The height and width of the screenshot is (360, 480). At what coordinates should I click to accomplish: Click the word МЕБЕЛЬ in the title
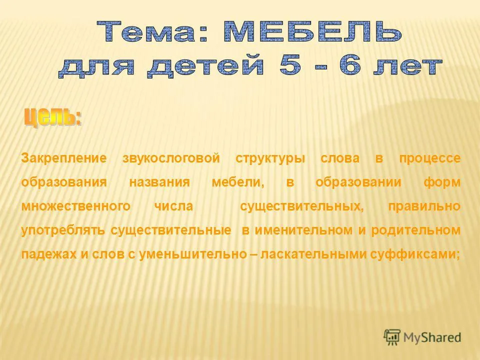(x=312, y=31)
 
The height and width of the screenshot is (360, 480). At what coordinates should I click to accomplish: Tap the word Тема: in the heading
(x=153, y=31)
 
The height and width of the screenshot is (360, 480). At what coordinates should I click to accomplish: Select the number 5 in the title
(x=290, y=65)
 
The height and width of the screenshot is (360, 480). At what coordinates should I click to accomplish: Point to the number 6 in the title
(x=350, y=65)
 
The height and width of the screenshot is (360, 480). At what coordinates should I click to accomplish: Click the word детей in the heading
(x=205, y=66)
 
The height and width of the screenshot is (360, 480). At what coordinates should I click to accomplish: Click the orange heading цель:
(x=53, y=117)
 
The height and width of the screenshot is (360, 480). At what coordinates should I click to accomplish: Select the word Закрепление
(x=64, y=158)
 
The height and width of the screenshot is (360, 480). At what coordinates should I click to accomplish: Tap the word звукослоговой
(x=171, y=158)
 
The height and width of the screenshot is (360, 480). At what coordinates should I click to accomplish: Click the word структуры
(x=270, y=159)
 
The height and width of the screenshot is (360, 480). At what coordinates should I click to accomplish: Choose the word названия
(x=159, y=182)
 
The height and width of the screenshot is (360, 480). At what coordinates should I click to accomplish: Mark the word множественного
(x=76, y=205)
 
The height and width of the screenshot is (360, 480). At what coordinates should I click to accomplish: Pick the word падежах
(x=48, y=254)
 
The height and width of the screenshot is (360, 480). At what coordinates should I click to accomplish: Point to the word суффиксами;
(x=415, y=254)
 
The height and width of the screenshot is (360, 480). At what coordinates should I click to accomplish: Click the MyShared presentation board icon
(x=392, y=337)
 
